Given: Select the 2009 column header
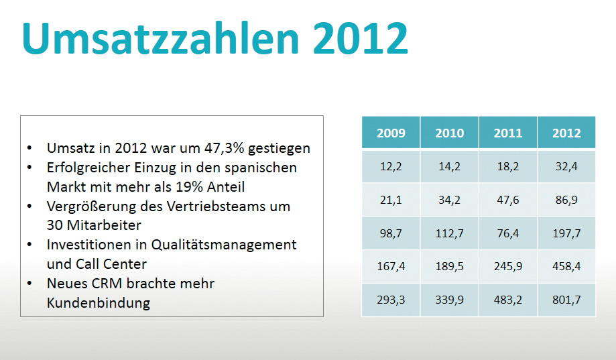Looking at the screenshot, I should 391,133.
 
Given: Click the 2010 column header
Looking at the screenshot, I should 449,133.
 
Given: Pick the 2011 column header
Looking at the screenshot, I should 507,133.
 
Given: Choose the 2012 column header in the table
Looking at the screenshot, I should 566,133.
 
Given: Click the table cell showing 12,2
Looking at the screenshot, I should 391,166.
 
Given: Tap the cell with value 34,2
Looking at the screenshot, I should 449,199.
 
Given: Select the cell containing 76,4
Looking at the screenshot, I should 507,233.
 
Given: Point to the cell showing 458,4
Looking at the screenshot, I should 566,266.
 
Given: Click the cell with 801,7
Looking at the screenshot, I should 566,300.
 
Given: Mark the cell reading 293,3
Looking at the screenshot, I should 391,300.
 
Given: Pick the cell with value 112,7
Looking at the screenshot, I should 449,233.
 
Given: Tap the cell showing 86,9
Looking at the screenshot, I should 566,199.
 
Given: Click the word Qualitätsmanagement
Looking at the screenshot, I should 225,245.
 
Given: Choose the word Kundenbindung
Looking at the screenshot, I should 99,303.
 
